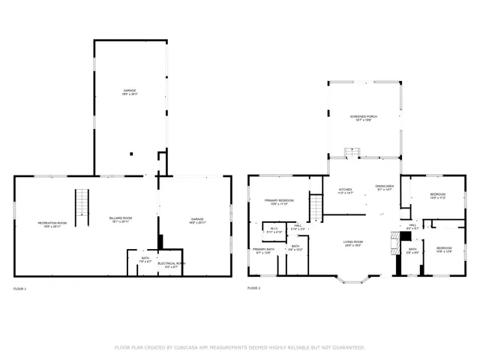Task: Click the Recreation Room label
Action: tap(52, 223)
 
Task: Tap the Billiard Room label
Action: tap(121, 221)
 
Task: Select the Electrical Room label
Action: tap(172, 265)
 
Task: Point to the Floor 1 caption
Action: tap(19, 289)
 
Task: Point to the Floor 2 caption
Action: tap(254, 288)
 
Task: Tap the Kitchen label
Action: tap(346, 190)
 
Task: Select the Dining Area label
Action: tap(385, 187)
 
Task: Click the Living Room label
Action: tap(353, 243)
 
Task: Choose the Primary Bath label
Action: tap(263, 250)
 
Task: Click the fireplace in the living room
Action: tap(394, 244)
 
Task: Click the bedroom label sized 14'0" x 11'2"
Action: tap(437, 196)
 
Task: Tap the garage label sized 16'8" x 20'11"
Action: tap(197, 221)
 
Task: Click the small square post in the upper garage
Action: tap(132, 153)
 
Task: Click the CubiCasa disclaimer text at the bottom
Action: tap(240, 347)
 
